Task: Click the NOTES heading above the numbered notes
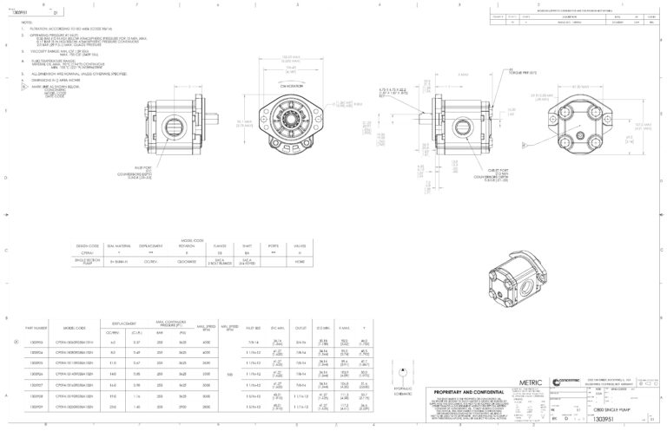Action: tap(27, 25)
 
